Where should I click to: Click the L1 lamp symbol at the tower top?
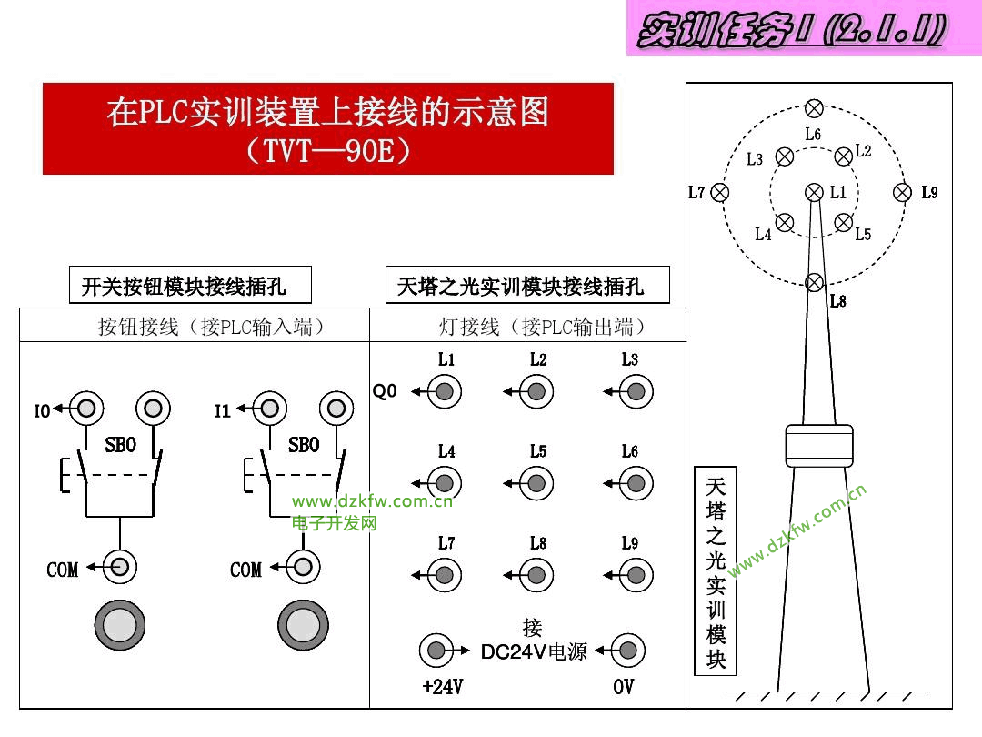click(x=814, y=192)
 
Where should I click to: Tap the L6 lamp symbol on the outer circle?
click(x=814, y=108)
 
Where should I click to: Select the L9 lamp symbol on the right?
click(x=902, y=192)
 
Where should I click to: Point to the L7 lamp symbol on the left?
click(x=720, y=192)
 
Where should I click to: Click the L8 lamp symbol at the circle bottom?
click(x=816, y=282)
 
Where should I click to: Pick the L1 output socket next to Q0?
click(x=445, y=392)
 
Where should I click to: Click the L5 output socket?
click(x=536, y=483)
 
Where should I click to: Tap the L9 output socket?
click(x=636, y=575)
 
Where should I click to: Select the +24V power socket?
click(x=436, y=651)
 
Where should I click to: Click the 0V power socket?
click(x=627, y=651)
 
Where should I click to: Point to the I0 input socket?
click(x=85, y=409)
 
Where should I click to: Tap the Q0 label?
click(x=385, y=391)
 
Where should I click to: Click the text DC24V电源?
click(x=534, y=651)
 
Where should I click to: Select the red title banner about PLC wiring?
click(x=328, y=128)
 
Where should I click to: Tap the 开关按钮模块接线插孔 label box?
click(x=190, y=286)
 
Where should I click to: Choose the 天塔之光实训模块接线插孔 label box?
click(x=527, y=286)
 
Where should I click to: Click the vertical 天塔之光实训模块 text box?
click(x=716, y=570)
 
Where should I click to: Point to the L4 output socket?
click(x=445, y=483)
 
